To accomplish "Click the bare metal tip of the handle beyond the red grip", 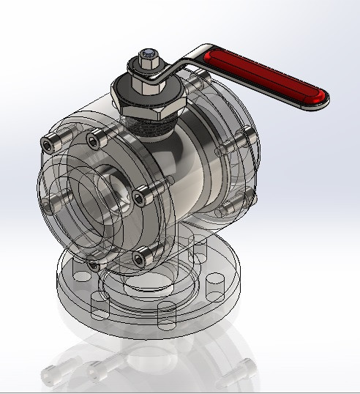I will (x=322, y=103).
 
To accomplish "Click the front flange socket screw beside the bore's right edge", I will (x=140, y=197).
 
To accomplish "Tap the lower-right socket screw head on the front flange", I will (x=143, y=256).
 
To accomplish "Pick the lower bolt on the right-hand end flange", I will (x=244, y=196).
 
